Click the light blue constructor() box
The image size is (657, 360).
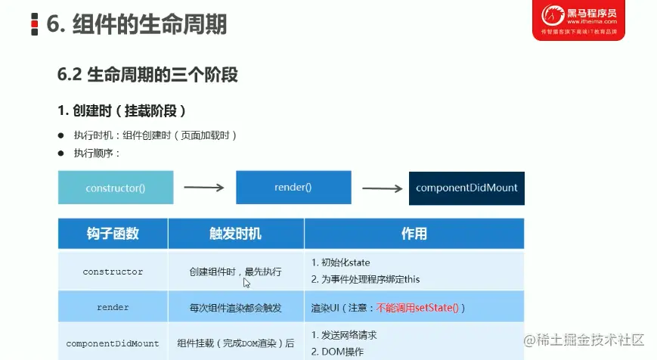pos(116,188)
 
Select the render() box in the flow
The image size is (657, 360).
pos(293,188)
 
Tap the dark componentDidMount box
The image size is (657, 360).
pos(466,188)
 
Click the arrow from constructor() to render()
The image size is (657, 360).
pos(204,188)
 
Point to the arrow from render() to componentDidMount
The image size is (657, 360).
pos(382,188)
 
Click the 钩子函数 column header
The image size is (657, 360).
pos(113,234)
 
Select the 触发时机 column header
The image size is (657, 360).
pos(236,234)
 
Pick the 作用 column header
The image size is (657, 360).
pos(414,234)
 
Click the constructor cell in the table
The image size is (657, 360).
pos(113,272)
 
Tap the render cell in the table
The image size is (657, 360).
pos(113,307)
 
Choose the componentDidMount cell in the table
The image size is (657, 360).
pos(113,343)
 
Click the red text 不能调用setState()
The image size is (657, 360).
pos(417,308)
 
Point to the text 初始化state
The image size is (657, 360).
pos(346,262)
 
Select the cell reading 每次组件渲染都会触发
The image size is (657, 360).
pos(235,308)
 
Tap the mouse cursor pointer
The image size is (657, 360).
pos(246,283)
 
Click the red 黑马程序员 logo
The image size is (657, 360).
pos(578,20)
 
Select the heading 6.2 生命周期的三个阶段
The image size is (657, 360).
pos(147,75)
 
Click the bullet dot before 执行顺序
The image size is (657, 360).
pos(61,154)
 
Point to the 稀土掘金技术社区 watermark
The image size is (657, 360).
pos(584,340)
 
